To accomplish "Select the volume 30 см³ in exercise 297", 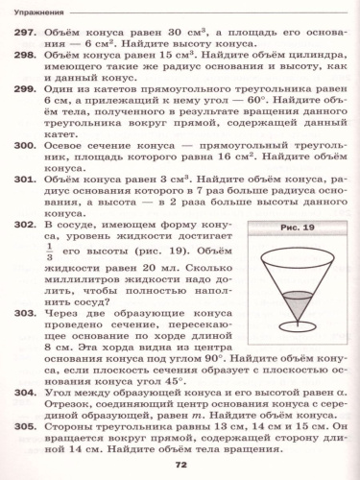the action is [x=159, y=33].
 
